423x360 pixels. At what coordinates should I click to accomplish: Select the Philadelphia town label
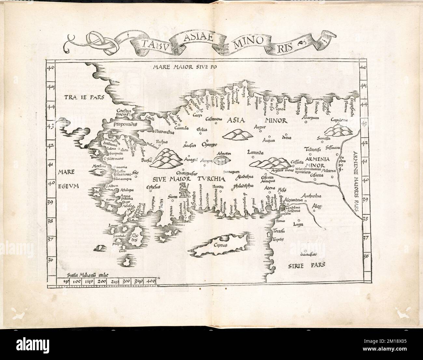[x=243, y=186]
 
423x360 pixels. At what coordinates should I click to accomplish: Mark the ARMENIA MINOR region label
[x=317, y=162]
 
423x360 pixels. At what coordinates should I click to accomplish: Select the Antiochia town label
[x=311, y=196]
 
